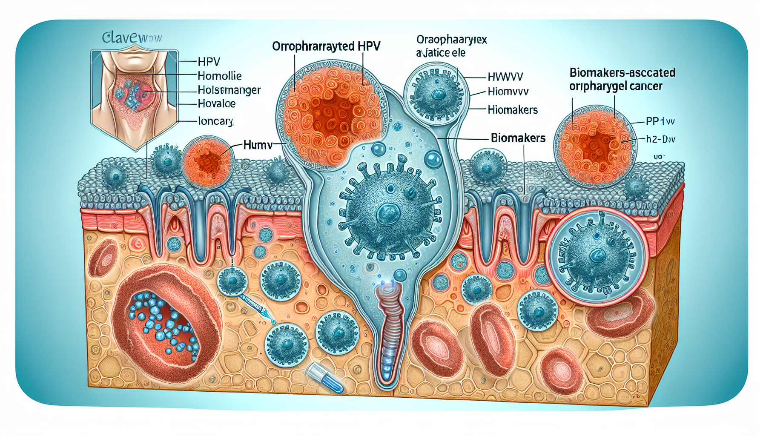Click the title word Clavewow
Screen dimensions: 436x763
(x=132, y=38)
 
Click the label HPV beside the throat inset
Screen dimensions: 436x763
(x=209, y=62)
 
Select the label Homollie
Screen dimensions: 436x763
(x=219, y=76)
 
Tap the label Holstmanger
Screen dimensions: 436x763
(x=229, y=90)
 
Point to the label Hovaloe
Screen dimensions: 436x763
(x=216, y=103)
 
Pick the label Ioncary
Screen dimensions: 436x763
(x=215, y=121)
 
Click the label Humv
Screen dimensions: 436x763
(x=258, y=145)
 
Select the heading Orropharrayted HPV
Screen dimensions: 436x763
(x=326, y=46)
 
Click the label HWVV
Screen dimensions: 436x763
(x=505, y=77)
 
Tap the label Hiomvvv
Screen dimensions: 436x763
(x=508, y=92)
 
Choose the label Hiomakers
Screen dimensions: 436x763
(x=513, y=110)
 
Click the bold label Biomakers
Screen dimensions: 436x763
(x=518, y=138)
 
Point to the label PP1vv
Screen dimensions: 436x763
(x=660, y=121)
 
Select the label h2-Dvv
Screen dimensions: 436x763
(x=660, y=139)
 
